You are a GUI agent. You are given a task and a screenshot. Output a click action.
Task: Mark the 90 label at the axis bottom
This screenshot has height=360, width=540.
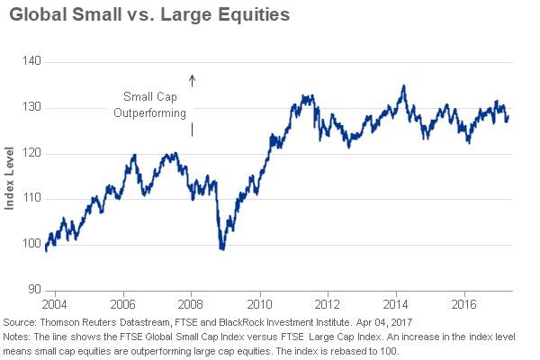point(34,290)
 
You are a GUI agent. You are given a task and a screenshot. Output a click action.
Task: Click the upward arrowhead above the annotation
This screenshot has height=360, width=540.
point(192,79)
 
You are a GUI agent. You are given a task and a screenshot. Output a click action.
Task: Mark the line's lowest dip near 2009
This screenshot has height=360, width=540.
point(221,248)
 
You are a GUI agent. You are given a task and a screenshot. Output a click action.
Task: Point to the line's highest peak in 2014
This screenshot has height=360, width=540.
point(403,86)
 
